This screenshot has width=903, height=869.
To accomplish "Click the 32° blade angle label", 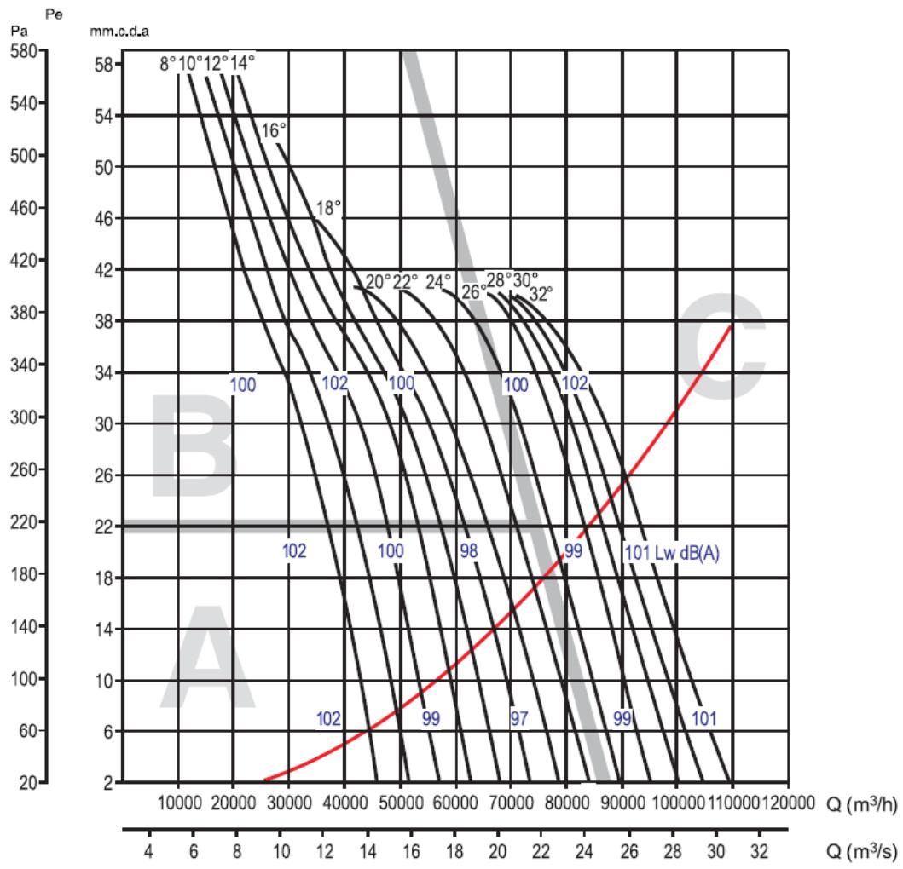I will [x=541, y=294].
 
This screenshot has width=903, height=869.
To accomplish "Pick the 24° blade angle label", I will [x=438, y=282].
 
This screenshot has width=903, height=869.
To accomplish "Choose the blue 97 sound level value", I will [x=518, y=718].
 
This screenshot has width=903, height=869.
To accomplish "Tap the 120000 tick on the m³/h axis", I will [x=788, y=803].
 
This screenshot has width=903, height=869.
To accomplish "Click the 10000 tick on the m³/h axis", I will [x=179, y=803].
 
